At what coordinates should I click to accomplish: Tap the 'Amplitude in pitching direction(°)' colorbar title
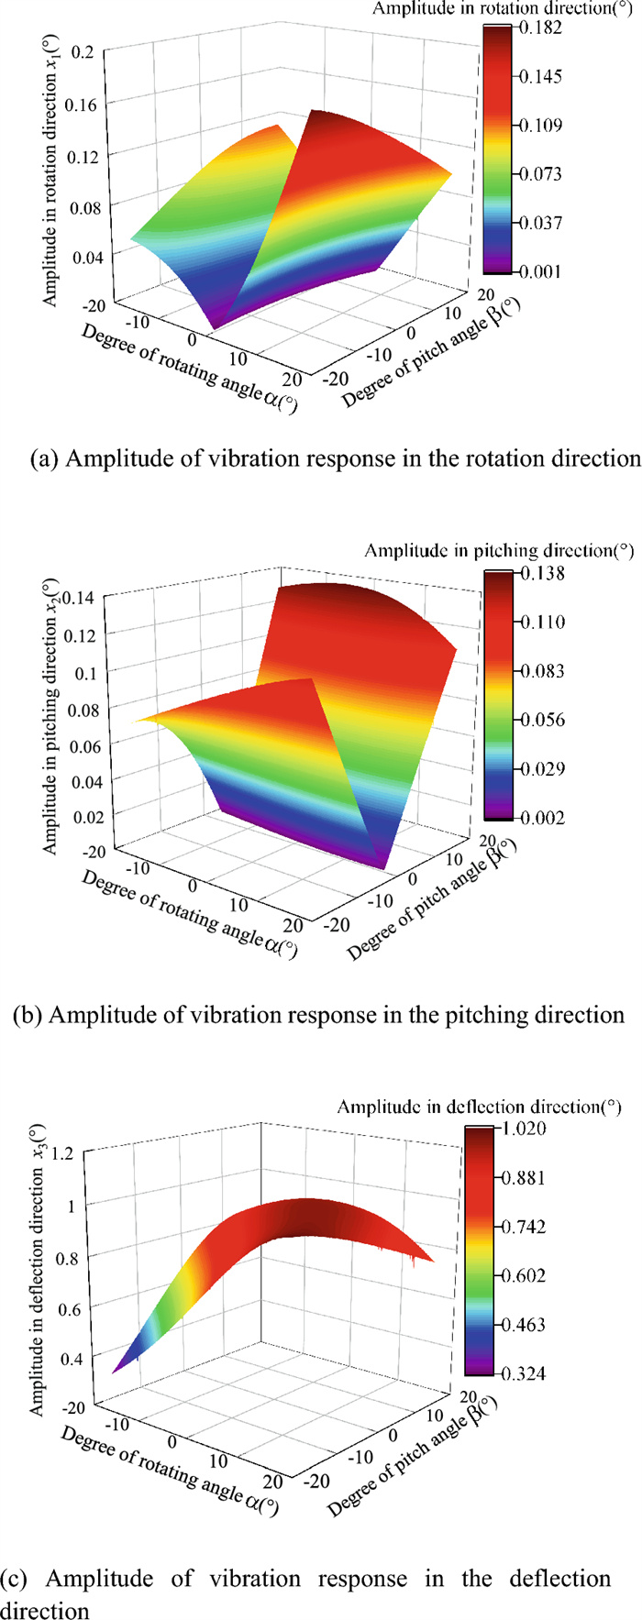click(499, 551)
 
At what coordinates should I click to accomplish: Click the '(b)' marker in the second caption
click(28, 1015)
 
